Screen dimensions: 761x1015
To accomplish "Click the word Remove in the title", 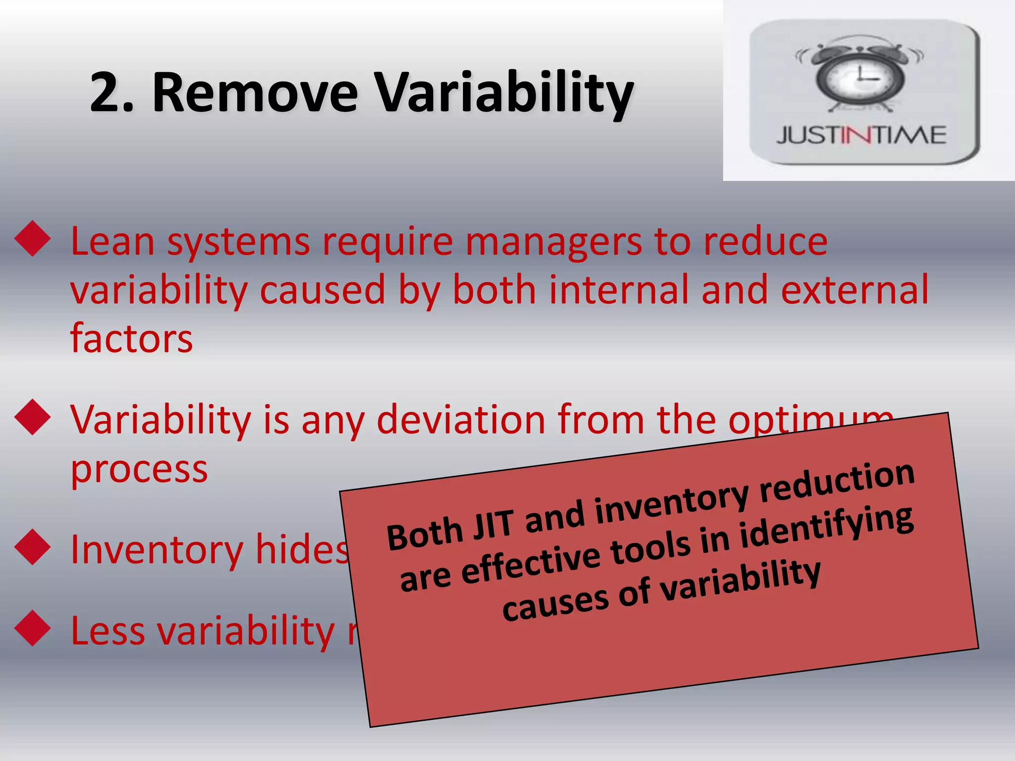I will (x=255, y=93).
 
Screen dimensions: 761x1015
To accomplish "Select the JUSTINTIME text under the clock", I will (x=861, y=135).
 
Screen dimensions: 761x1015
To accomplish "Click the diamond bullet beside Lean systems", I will (x=33, y=238).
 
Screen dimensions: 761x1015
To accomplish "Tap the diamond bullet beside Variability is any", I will (x=33, y=417).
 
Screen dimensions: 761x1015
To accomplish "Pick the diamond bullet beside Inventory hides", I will (x=33, y=547).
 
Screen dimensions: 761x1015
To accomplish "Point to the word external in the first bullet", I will (x=854, y=290).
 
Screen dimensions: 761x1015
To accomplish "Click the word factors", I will (x=131, y=338).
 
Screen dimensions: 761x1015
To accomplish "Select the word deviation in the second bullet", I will (x=461, y=420).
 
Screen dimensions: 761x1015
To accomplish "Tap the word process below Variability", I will (x=139, y=469).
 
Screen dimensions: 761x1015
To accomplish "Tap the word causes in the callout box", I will (x=555, y=602).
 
